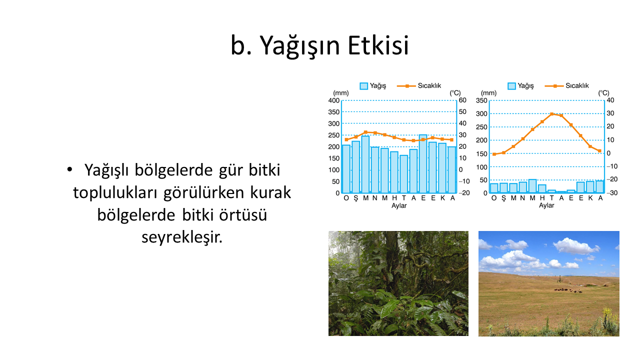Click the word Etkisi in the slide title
pos(378,45)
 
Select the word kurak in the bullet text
pos(270,192)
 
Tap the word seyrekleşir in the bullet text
pos(181,237)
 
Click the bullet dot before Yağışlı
pos(69,169)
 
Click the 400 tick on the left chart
pos(333,100)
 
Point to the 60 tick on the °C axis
pos(462,100)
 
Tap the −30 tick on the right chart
pos(611,193)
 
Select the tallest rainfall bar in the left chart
pos(423,163)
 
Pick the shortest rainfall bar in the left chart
pos(403,174)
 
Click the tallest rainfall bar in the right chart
pos(532,186)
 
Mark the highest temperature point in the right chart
pos(551,114)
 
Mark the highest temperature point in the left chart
pos(365,132)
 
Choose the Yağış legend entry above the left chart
pos(373,85)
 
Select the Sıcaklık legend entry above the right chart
pos(567,85)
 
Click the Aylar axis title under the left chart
pos(399,205)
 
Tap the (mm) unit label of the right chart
pos(488,93)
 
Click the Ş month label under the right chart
pos(503,198)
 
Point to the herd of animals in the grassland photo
pos(568,290)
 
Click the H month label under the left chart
pos(394,198)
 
